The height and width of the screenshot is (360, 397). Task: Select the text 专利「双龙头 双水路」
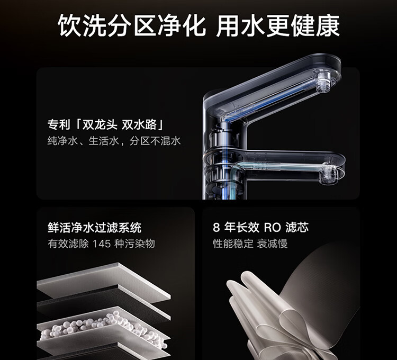pyautogui.click(x=105, y=124)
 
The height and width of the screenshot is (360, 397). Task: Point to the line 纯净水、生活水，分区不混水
pyautogui.click(x=114, y=141)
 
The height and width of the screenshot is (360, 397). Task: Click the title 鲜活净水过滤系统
pyautogui.click(x=94, y=228)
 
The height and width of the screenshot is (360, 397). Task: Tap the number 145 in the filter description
pyautogui.click(x=102, y=244)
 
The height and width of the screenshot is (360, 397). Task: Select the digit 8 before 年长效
pyautogui.click(x=216, y=228)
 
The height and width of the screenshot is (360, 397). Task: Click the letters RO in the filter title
pyautogui.click(x=273, y=228)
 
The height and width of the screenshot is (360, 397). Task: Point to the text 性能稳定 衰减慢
pyautogui.click(x=250, y=244)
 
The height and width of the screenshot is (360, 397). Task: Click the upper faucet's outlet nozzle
pyautogui.click(x=323, y=81)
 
